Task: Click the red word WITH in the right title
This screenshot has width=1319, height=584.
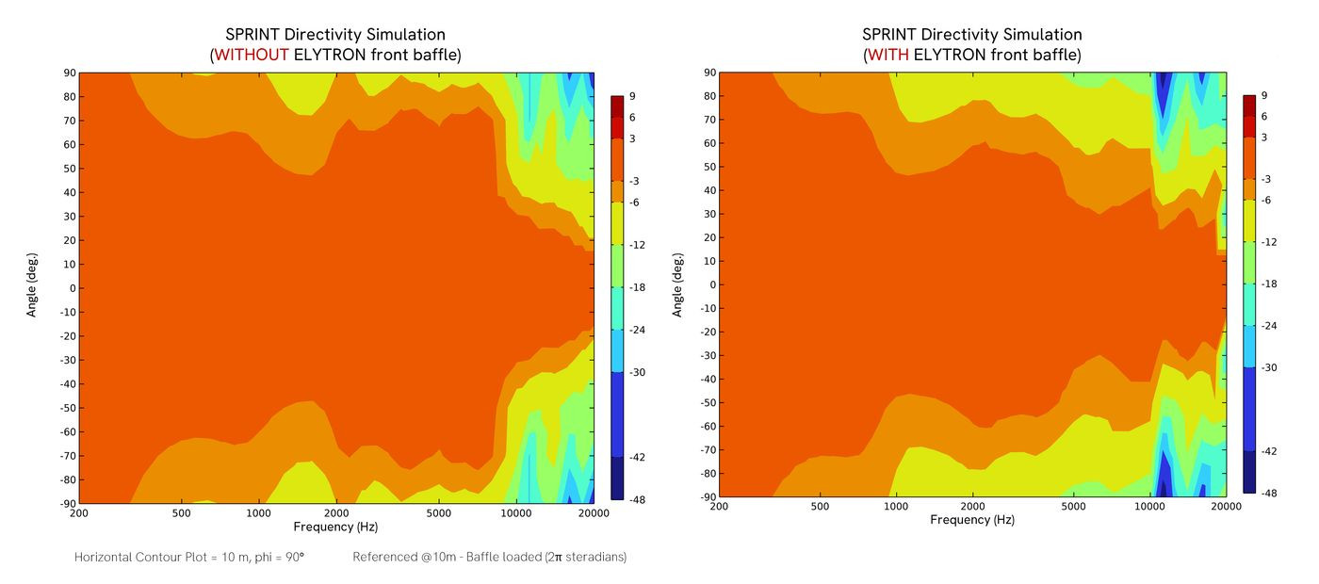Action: (x=888, y=55)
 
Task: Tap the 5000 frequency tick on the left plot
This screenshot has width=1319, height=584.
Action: (x=438, y=513)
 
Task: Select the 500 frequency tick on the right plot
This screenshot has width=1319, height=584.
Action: (x=820, y=506)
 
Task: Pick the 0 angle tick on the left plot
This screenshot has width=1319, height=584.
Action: (x=70, y=288)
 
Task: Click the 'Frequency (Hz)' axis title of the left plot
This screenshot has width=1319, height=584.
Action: (x=335, y=527)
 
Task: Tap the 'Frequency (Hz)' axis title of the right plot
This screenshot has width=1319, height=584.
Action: (x=972, y=520)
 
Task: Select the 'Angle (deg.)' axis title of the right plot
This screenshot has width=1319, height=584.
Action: (x=677, y=284)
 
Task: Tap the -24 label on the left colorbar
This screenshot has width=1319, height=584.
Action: (x=636, y=330)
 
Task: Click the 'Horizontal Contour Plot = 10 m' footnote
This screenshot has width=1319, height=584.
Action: (x=188, y=557)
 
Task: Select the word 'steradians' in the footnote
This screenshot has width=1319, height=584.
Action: (x=591, y=557)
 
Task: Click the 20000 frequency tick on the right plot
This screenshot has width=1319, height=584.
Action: (x=1225, y=506)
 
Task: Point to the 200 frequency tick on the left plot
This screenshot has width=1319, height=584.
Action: (x=79, y=513)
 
